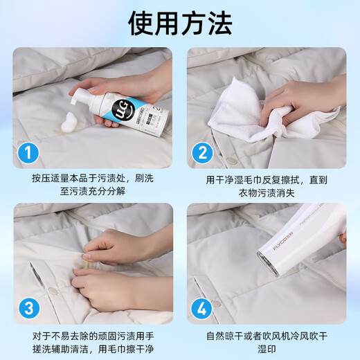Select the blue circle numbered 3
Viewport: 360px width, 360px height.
(x=27, y=307)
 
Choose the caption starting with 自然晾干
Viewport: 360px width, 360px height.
(x=267, y=341)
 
